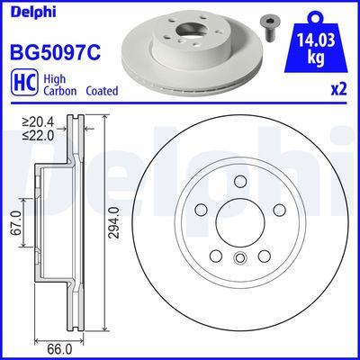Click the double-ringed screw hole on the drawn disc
pyautogui.click(x=238, y=261)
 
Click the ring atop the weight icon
pyautogui.click(x=315, y=12)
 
